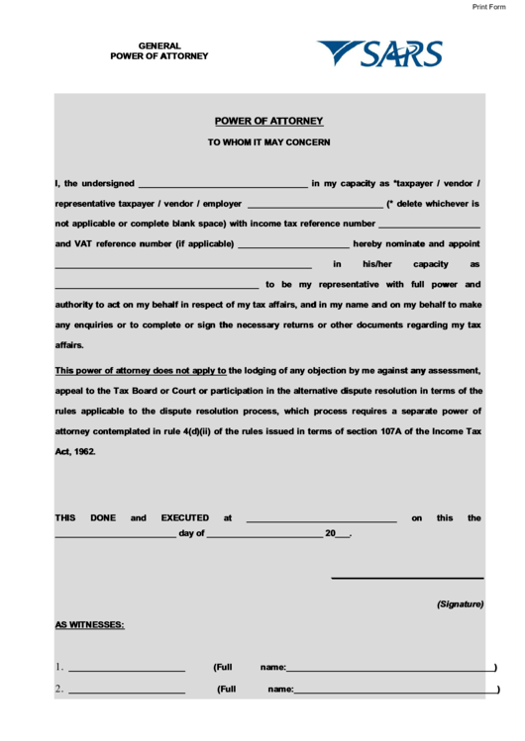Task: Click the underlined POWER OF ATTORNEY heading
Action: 268,122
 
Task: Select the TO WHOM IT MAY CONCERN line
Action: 268,142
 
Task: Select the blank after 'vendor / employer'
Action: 314,205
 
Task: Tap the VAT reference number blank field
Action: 293,244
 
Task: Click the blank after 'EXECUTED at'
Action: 321,518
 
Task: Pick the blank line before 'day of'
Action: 115,535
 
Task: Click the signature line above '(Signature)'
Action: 407,577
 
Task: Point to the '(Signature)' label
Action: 460,603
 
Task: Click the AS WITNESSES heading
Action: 89,625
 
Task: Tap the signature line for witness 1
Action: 126,670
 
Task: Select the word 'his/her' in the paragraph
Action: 377,265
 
